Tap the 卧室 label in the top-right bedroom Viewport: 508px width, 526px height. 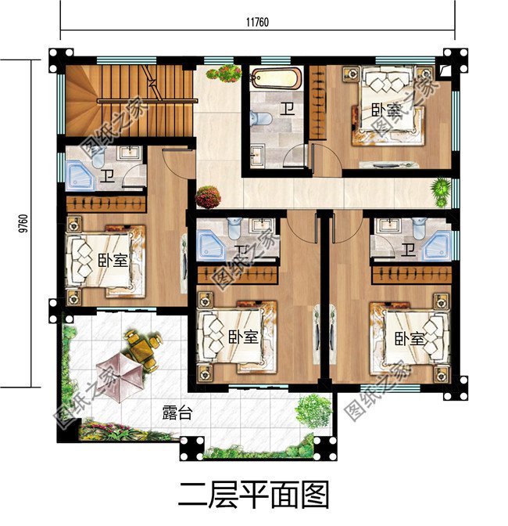click(385, 111)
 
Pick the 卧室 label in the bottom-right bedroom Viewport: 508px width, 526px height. click(410, 339)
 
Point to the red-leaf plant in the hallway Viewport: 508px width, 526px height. click(208, 196)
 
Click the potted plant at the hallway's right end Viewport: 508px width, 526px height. click(442, 190)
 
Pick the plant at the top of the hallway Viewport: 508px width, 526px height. click(224, 74)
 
